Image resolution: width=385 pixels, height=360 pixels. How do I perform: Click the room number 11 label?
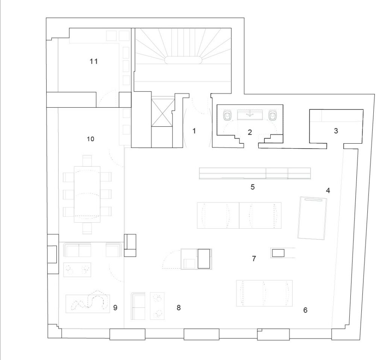94,61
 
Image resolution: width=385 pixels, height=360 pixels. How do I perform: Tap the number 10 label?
91,139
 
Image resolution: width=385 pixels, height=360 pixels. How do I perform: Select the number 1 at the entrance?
194,131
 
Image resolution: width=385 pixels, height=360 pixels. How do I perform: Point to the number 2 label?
250,132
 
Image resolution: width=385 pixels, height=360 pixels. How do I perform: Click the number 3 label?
336,131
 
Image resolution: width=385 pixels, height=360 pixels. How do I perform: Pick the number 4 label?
328,190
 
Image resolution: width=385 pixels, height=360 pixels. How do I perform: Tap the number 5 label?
252,187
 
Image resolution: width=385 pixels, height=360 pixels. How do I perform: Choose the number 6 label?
305,310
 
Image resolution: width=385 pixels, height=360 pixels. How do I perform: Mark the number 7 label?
254,258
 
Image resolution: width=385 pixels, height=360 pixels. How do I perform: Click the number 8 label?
179,307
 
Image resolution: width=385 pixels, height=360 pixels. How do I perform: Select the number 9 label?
115,307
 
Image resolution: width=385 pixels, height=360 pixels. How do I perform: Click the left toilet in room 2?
227,115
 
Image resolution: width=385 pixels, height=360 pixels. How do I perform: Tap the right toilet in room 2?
272,115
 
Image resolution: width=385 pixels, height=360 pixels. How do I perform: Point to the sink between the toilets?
250,115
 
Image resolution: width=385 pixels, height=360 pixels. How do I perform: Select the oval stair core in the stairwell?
183,60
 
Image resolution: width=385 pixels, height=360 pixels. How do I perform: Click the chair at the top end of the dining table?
87,161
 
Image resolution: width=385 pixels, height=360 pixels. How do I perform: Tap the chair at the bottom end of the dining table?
87,228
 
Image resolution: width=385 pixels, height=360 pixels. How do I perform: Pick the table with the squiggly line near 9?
88,304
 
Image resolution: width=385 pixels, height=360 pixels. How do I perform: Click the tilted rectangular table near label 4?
312,218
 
